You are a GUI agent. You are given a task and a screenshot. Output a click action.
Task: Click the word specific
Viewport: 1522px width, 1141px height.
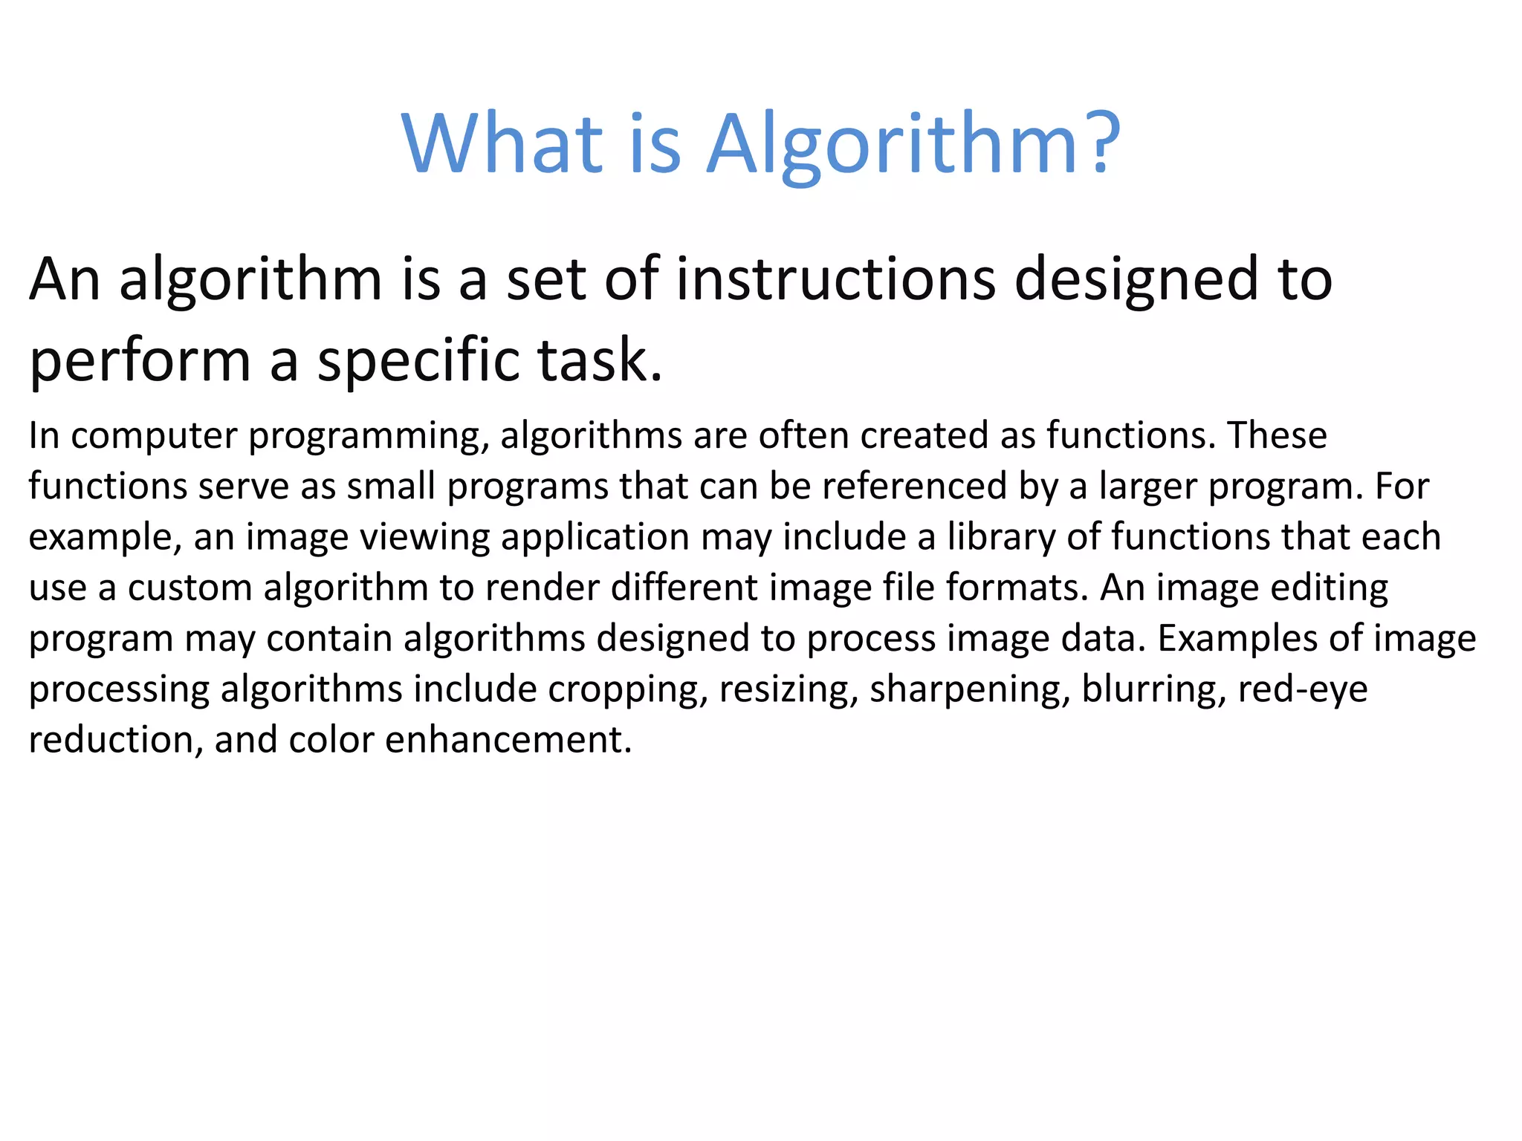418,360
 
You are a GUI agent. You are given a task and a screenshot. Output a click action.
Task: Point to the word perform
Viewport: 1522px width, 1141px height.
140,361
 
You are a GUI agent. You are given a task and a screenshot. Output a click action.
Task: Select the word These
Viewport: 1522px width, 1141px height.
1277,435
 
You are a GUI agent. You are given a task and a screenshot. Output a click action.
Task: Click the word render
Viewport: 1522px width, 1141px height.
542,588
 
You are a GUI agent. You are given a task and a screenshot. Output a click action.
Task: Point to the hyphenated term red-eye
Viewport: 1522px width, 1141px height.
1302,689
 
